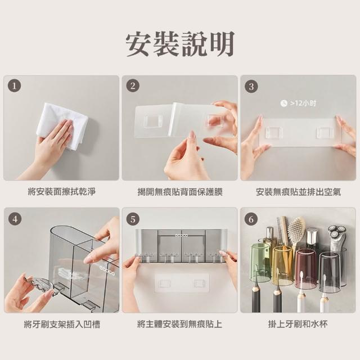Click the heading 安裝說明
[x=180, y=43]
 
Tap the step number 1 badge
[x=15, y=86]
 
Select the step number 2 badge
[x=133, y=86]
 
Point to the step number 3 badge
[x=251, y=86]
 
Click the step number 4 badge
[x=15, y=219]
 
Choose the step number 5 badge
[x=133, y=219]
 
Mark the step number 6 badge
[x=251, y=219]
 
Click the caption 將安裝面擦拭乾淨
[x=61, y=191]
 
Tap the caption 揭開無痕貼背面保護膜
[x=180, y=192]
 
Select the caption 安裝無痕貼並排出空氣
[x=298, y=192]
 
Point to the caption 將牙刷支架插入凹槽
[x=62, y=325]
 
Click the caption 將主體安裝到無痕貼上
[x=180, y=324]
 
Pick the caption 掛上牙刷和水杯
[x=298, y=324]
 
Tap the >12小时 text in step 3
[x=303, y=103]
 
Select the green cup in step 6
[x=260, y=263]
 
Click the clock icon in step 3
[x=283, y=103]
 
